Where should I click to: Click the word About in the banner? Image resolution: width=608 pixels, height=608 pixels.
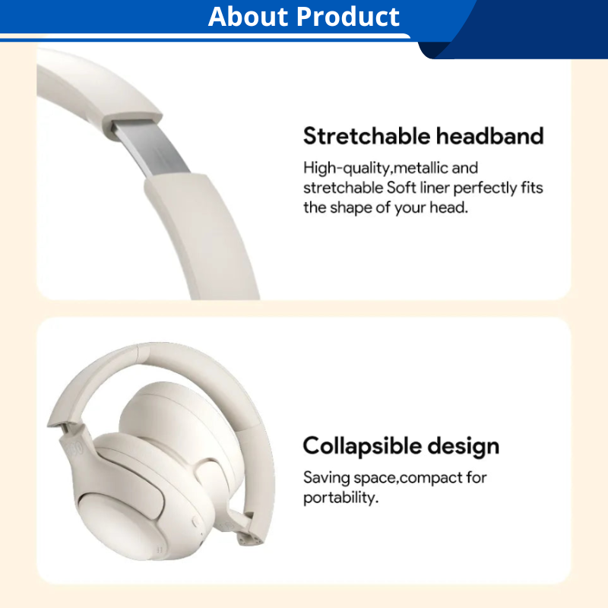pyautogui.click(x=248, y=17)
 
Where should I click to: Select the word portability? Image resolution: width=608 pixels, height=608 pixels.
pyautogui.click(x=340, y=499)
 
